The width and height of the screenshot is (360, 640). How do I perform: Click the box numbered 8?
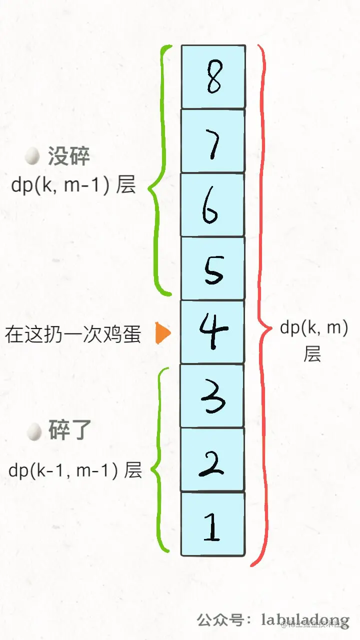213,76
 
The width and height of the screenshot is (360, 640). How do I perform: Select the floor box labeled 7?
213,140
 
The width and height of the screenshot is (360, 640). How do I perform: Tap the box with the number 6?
213,204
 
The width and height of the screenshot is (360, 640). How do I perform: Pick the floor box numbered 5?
213,268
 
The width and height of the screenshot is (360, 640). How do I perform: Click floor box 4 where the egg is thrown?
213,331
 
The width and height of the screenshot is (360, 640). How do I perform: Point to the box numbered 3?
213,395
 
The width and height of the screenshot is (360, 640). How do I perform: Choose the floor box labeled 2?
213,459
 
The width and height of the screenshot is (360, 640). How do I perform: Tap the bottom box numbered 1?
213,523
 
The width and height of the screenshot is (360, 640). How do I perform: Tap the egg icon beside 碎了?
33,431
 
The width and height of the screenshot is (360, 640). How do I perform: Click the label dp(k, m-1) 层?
73,185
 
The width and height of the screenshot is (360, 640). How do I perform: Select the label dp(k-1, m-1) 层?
75,470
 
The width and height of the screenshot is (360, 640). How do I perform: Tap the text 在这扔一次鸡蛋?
73,334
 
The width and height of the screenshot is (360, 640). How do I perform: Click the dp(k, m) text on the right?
313,328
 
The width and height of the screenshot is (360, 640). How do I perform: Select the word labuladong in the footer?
305,620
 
